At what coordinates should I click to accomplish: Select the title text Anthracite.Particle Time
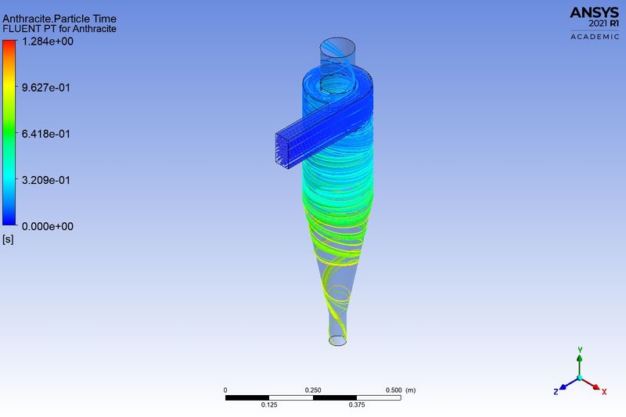59,19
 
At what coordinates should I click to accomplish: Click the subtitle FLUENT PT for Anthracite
59,29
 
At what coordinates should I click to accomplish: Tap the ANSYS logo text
594,12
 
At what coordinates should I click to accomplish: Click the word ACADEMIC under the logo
594,37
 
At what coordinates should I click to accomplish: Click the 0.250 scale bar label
313,390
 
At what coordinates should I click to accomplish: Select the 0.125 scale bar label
269,404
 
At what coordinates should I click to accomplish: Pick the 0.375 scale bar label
357,404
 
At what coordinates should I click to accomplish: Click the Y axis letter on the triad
579,350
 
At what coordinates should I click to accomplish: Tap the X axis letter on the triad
604,390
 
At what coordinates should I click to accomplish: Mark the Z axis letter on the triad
555,390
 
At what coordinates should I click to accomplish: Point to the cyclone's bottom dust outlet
338,340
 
